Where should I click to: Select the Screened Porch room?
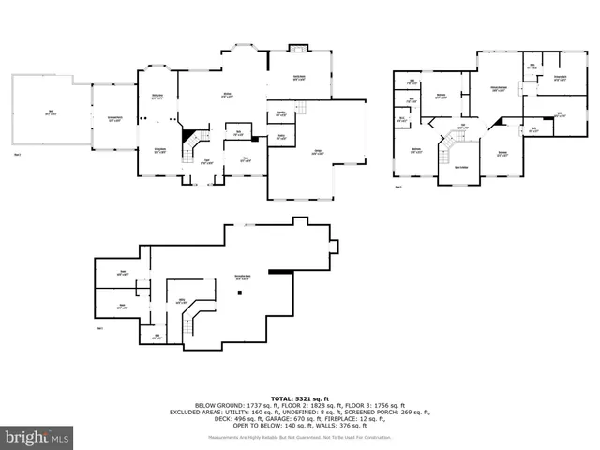pos(112,118)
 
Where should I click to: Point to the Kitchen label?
pos(227,95)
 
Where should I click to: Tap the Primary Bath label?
pos(559,79)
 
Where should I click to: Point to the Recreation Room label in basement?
pos(242,277)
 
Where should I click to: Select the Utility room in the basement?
pos(181,301)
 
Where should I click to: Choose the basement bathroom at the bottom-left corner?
pos(157,336)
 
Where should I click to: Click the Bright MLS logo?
pos(37,436)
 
